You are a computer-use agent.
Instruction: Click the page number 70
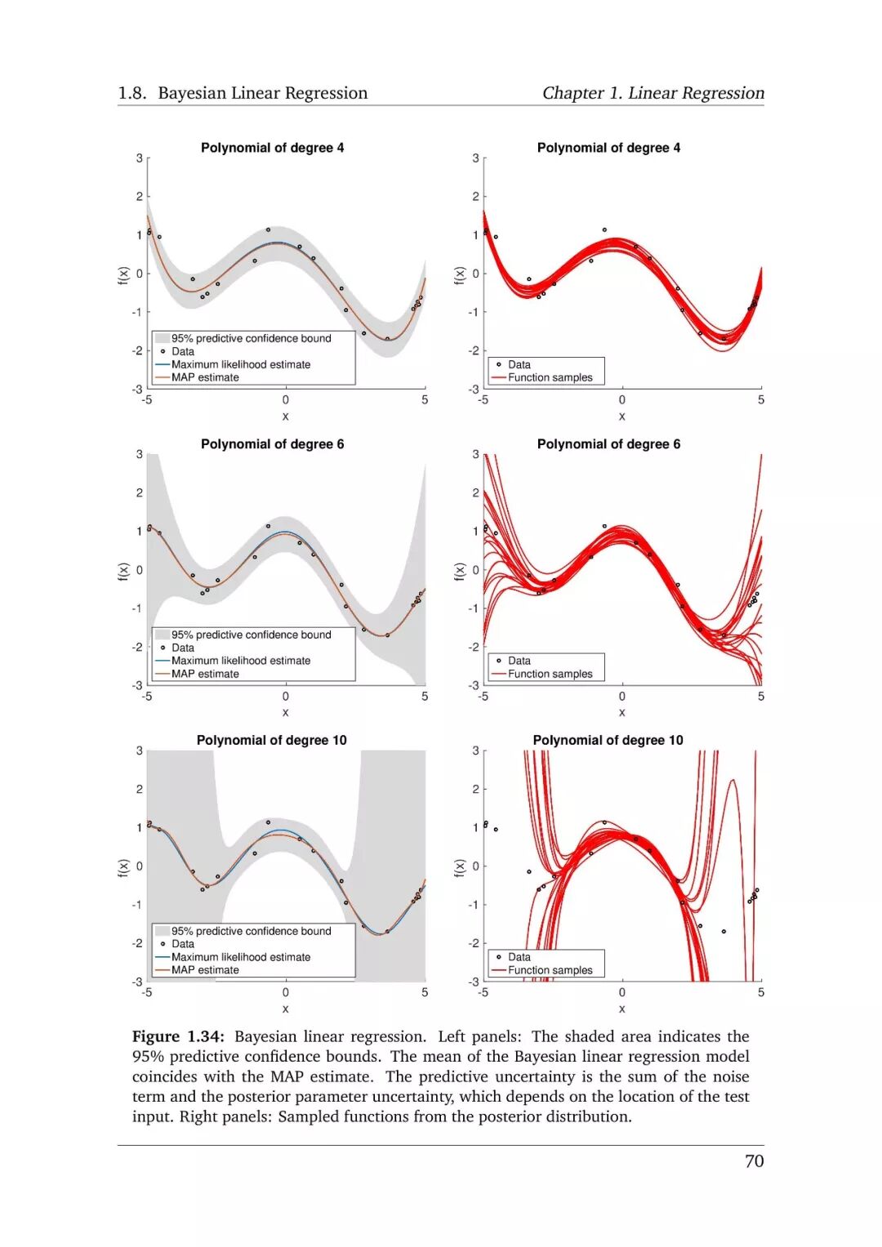pyautogui.click(x=754, y=1160)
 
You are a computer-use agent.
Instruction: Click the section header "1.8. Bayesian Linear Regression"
pyautogui.click(x=243, y=93)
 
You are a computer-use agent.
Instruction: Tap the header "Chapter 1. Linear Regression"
pyautogui.click(x=653, y=93)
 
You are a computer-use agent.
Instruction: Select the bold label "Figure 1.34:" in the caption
pyautogui.click(x=177, y=1036)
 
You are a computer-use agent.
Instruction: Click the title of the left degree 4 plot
pyautogui.click(x=272, y=148)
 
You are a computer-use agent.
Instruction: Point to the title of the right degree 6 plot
pyautogui.click(x=608, y=444)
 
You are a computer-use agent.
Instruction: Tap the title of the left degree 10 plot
pyautogui.click(x=271, y=740)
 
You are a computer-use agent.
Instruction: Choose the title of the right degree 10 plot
pyautogui.click(x=608, y=740)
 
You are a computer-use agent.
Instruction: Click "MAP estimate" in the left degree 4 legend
pyautogui.click(x=205, y=377)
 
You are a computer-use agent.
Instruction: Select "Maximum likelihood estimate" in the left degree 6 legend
pyautogui.click(x=241, y=661)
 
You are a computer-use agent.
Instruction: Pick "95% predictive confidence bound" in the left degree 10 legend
pyautogui.click(x=251, y=931)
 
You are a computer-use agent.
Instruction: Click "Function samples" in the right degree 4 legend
pyautogui.click(x=550, y=377)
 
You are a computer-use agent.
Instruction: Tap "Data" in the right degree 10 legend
pyautogui.click(x=519, y=957)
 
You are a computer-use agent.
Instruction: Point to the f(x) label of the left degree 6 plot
pyautogui.click(x=123, y=572)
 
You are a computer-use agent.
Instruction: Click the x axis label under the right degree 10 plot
pyautogui.click(x=622, y=1009)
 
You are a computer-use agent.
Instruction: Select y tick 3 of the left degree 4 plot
pyautogui.click(x=140, y=158)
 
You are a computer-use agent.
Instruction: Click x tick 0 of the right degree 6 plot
pyautogui.click(x=622, y=697)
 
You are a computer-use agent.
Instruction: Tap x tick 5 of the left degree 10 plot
pyautogui.click(x=425, y=992)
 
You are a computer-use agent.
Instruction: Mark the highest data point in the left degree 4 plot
pyautogui.click(x=268, y=230)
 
